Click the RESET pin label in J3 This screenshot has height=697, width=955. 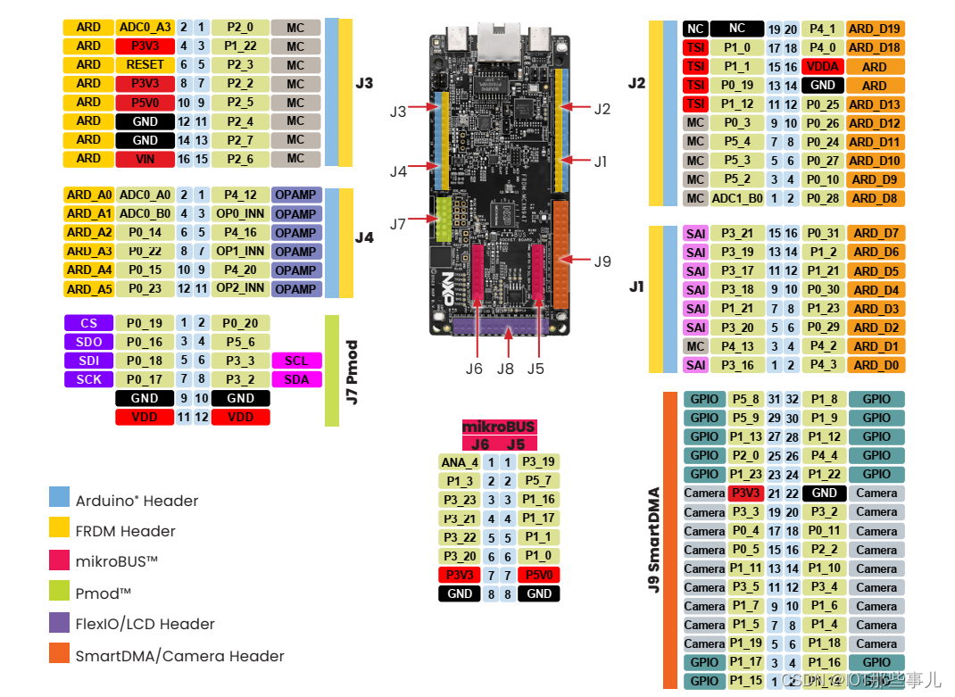[x=145, y=64]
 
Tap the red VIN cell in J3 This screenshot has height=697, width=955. [x=145, y=158]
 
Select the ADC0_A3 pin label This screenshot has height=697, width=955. [x=145, y=27]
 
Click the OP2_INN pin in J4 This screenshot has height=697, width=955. [x=240, y=288]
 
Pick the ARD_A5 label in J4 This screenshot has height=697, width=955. [x=88, y=288]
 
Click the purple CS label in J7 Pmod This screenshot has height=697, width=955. [x=88, y=323]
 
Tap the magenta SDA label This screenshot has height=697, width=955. [x=296, y=379]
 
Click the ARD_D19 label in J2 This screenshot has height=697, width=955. [x=875, y=29]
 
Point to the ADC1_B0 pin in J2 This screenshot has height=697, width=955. [x=736, y=198]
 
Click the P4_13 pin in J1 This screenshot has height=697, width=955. [x=736, y=346]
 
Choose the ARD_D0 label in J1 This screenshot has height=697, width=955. [x=875, y=365]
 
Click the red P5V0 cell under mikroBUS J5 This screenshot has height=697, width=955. [x=538, y=575]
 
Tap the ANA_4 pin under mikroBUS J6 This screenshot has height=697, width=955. [x=460, y=462]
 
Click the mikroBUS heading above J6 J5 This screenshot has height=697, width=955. [x=499, y=427]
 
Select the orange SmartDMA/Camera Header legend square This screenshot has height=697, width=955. [x=59, y=654]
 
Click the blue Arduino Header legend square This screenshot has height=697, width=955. [x=59, y=498]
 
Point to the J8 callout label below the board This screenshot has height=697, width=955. [x=506, y=368]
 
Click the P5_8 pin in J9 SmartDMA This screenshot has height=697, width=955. [x=744, y=399]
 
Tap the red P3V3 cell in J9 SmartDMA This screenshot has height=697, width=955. [x=744, y=493]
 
